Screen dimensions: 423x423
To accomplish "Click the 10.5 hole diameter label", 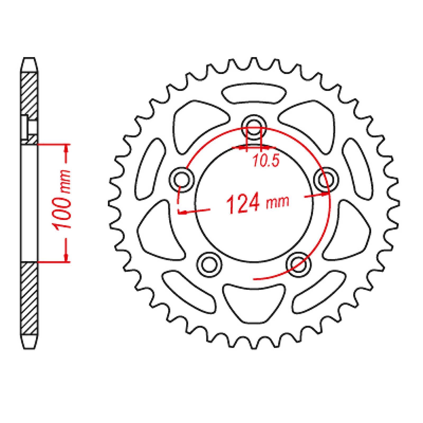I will [266, 162].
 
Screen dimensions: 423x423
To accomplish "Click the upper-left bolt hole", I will [182, 180].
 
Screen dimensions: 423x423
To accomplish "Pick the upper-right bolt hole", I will [326, 180].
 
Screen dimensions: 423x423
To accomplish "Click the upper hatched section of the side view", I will [29, 95].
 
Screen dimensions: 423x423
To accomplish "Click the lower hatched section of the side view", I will [29, 299].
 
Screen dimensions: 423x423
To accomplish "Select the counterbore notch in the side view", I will [25, 128].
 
